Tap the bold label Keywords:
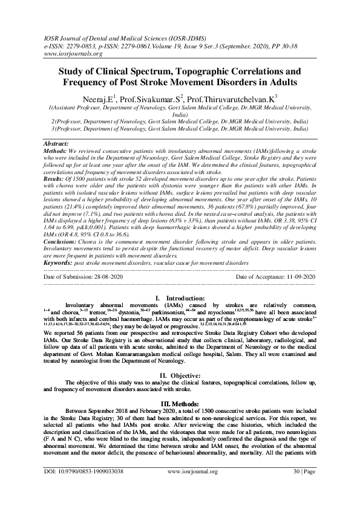tap(59, 264)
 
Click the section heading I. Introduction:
tap(180, 299)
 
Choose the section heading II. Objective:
tap(180, 375)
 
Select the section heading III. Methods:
tap(180, 402)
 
